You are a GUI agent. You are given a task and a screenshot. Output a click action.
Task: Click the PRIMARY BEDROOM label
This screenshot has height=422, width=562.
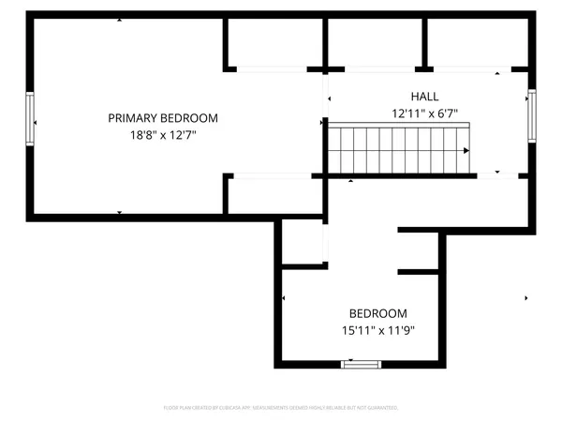163,118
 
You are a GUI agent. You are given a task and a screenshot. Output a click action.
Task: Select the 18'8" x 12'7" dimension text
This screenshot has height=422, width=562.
163,135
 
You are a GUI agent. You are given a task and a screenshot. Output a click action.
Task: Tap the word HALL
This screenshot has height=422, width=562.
424,97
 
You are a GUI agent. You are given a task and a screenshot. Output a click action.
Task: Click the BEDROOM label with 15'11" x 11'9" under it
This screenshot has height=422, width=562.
378,313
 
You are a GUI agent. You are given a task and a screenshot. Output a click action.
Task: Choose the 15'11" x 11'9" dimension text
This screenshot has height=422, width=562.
378,330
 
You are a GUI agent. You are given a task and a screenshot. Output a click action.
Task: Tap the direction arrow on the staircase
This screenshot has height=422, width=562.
466,151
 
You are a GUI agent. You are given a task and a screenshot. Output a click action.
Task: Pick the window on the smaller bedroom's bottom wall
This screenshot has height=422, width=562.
357,364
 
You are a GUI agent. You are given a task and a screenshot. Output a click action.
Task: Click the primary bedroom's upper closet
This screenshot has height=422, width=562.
274,42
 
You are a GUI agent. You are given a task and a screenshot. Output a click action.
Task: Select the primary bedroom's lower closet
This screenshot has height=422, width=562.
274,195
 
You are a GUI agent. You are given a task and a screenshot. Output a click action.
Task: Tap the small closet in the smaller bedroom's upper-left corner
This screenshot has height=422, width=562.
303,243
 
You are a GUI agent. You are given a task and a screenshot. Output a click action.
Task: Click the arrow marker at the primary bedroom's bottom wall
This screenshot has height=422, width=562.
120,213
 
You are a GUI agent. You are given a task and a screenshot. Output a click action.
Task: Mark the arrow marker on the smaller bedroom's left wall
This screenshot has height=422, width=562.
284,298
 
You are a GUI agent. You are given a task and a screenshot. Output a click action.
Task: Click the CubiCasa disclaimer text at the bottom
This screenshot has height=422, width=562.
281,408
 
